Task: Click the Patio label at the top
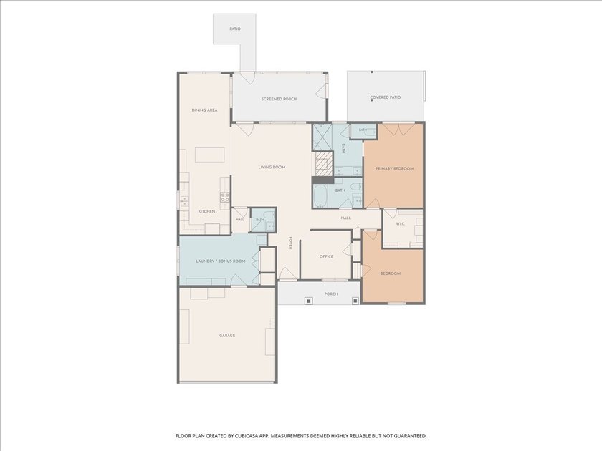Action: pos(235,29)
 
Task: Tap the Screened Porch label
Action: pos(279,99)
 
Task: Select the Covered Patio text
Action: pos(386,97)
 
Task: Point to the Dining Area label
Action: pos(205,110)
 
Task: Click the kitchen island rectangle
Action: pos(209,155)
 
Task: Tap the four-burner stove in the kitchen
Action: pos(224,197)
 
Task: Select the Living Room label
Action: pos(272,168)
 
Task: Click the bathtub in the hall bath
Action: pos(320,196)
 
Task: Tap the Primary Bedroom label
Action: pos(394,169)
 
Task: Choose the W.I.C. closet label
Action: pos(401,224)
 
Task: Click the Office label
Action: pos(327,256)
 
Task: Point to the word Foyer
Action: pos(290,242)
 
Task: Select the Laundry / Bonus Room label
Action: pos(221,261)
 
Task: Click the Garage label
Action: pos(227,336)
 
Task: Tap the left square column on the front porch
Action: pos(308,301)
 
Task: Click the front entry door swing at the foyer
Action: pos(287,273)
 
